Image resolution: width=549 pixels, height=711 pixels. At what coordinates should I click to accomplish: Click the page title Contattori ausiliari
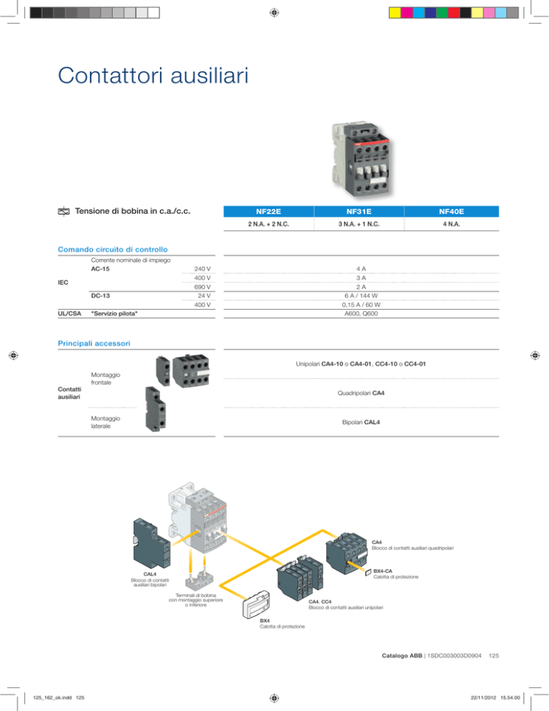153,75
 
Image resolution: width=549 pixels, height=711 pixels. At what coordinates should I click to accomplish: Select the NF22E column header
268,211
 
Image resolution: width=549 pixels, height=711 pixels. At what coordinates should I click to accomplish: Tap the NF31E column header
359,211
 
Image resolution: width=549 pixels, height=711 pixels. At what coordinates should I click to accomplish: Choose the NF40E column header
452,211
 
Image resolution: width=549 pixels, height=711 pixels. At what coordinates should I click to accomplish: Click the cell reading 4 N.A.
452,224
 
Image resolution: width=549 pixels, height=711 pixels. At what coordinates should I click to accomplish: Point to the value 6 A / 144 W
361,295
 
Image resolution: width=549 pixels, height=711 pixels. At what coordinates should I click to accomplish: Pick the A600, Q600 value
361,313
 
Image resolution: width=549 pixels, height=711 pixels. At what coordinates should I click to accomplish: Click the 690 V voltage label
202,287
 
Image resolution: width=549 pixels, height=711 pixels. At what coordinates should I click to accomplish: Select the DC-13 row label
100,295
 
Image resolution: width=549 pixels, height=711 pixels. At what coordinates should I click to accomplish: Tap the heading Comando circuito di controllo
112,250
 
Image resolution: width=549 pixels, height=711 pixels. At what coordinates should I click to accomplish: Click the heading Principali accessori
94,343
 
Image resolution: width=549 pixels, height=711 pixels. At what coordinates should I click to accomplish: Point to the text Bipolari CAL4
361,422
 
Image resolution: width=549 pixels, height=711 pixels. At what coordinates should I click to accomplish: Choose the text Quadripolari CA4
361,393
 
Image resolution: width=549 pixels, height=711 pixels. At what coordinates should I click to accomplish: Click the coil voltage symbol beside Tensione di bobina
64,211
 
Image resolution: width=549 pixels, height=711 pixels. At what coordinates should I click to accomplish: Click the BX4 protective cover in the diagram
257,604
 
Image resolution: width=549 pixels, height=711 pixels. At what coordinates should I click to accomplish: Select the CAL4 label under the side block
149,574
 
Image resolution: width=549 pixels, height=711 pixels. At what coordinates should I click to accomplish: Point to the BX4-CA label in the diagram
382,571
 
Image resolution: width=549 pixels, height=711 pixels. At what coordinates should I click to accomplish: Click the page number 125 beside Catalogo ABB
494,656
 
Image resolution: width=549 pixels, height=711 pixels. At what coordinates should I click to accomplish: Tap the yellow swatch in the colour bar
395,13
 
